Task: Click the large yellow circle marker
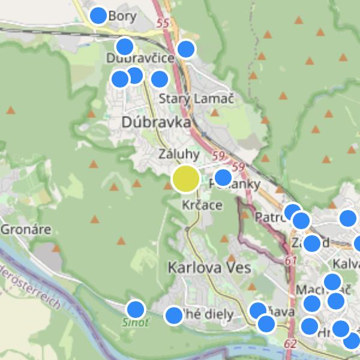186,179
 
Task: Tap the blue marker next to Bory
98,16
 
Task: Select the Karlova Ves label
209,267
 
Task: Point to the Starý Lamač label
196,98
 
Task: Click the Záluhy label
179,154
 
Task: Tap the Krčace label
202,205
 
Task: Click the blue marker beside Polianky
223,178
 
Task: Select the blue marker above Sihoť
136,310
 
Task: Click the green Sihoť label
136,322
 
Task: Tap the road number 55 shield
161,23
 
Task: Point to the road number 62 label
290,344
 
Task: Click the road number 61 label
292,260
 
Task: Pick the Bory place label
123,17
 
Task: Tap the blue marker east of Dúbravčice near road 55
186,49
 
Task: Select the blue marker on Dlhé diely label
173,315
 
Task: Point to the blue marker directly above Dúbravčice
124,46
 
